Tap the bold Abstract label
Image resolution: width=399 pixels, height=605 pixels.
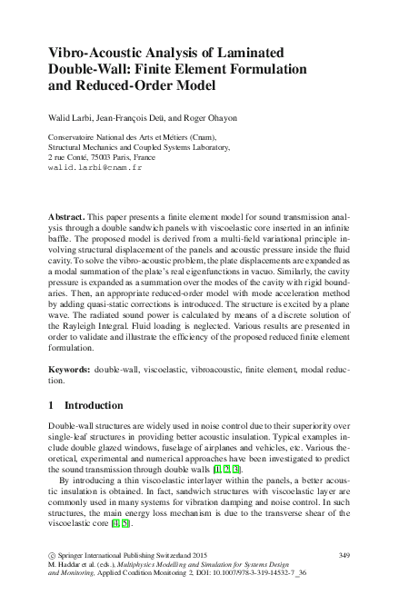pyautogui.click(x=64, y=220)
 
